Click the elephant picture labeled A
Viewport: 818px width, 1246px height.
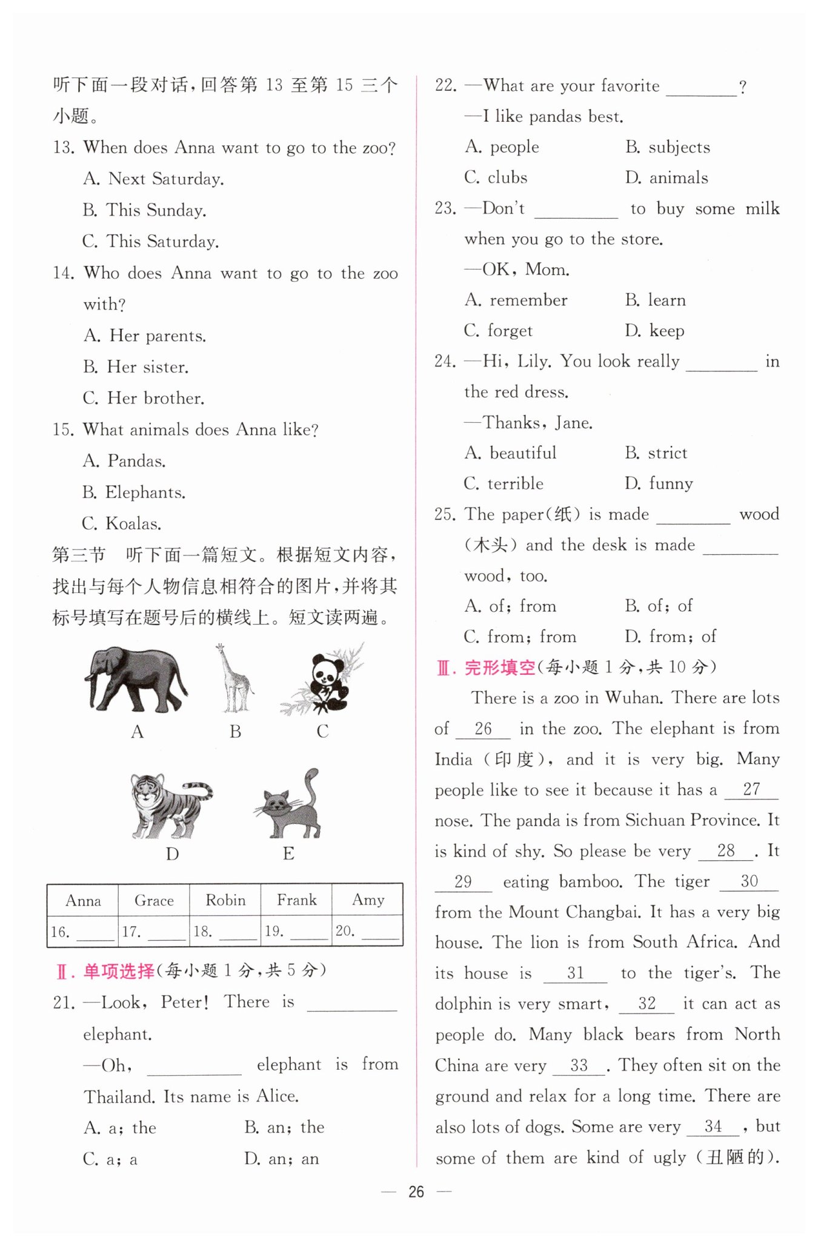[136, 680]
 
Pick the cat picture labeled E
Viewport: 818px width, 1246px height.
[290, 804]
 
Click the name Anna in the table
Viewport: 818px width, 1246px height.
[83, 901]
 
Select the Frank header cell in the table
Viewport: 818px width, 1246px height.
[296, 900]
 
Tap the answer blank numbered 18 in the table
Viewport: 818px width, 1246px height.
[238, 933]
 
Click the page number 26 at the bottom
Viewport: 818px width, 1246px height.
[416, 1192]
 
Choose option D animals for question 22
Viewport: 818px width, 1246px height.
[667, 177]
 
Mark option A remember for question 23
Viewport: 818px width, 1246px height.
[516, 300]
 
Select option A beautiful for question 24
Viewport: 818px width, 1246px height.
[511, 452]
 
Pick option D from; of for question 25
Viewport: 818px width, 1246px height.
[671, 636]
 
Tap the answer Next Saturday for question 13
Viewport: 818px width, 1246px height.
[154, 179]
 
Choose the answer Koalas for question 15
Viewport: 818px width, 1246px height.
[122, 523]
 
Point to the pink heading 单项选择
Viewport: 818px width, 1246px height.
[119, 971]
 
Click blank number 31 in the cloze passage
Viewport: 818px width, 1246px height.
[575, 973]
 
